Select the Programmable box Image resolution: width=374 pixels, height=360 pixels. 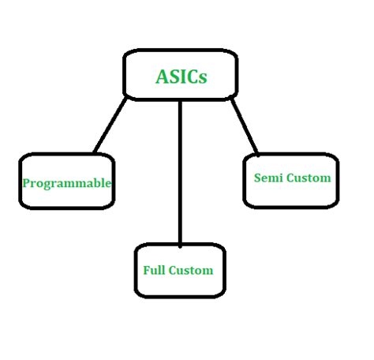(66, 182)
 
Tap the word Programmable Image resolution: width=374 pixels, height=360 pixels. (66, 183)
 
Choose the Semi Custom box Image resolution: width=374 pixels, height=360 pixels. (291, 180)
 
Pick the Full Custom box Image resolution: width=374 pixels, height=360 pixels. (179, 271)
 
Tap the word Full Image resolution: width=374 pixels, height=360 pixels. (154, 270)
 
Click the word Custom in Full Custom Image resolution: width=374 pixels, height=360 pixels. (192, 270)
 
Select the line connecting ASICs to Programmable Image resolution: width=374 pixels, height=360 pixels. (110, 125)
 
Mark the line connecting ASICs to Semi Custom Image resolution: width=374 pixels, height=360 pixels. (245, 126)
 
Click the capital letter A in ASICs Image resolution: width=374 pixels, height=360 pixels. (160, 77)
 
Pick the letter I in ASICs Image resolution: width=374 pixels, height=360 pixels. (181, 77)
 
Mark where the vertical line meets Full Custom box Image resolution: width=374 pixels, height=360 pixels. (180, 244)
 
